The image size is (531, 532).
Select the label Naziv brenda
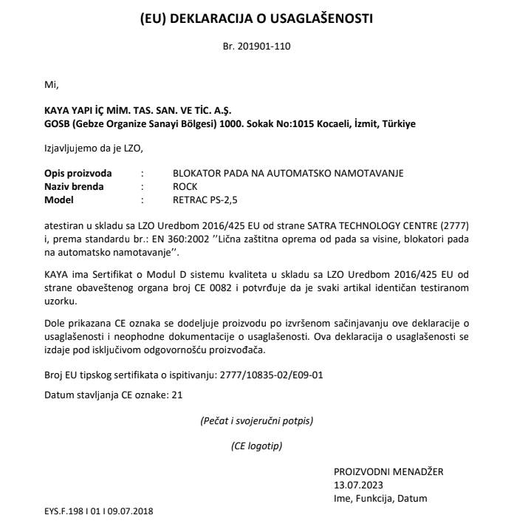(x=74, y=186)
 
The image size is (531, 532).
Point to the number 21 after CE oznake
(x=177, y=395)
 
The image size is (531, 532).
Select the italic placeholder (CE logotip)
(x=256, y=446)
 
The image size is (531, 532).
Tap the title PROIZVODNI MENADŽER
(x=388, y=471)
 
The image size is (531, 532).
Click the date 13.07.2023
(x=357, y=485)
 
